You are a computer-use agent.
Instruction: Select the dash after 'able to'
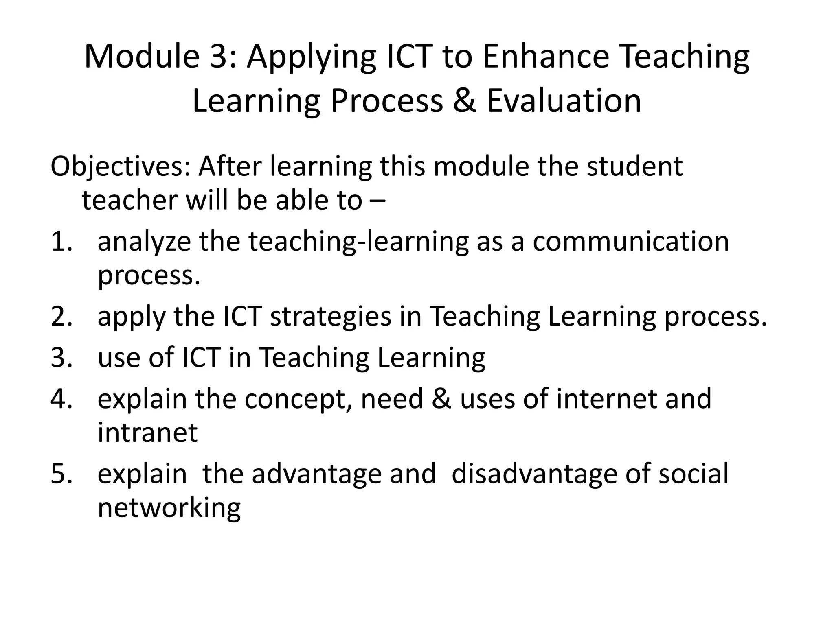point(378,201)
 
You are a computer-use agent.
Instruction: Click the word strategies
point(330,318)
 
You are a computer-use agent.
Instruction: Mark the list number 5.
point(61,474)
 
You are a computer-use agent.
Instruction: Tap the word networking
point(169,509)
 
